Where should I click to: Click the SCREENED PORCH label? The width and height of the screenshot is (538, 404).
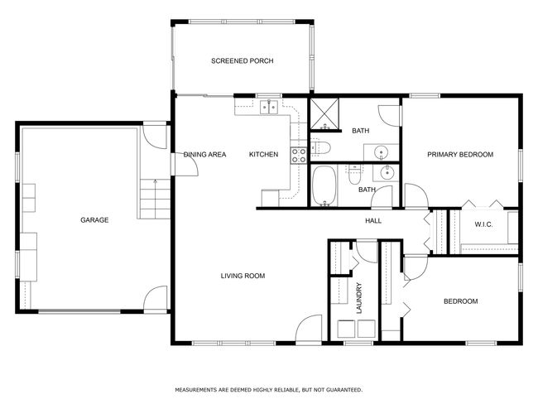pyautogui.click(x=243, y=61)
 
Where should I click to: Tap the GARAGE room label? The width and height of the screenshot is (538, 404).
pyautogui.click(x=94, y=220)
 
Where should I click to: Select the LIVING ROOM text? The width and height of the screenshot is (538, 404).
pyautogui.click(x=243, y=276)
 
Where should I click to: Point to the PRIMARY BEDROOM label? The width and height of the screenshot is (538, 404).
pyautogui.click(x=460, y=155)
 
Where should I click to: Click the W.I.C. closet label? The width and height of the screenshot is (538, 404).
pyautogui.click(x=483, y=224)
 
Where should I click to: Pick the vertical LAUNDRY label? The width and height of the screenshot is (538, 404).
pyautogui.click(x=359, y=298)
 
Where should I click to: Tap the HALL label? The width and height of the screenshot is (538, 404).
pyautogui.click(x=373, y=221)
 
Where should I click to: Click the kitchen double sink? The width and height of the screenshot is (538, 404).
pyautogui.click(x=269, y=107)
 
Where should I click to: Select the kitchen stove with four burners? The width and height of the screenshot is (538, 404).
pyautogui.click(x=299, y=155)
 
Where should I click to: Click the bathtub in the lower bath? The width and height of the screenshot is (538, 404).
pyautogui.click(x=324, y=185)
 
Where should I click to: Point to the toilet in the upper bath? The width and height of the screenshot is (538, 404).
pyautogui.click(x=321, y=147)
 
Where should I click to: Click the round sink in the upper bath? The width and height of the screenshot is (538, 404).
pyautogui.click(x=381, y=151)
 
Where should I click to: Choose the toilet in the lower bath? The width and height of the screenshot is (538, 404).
pyautogui.click(x=354, y=175)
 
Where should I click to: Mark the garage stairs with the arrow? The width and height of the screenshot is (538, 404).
pyautogui.click(x=155, y=199)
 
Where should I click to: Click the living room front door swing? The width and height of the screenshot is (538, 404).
pyautogui.click(x=309, y=329)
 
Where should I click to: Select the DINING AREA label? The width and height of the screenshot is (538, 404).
pyautogui.click(x=204, y=155)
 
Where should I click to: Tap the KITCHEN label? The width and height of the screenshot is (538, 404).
pyautogui.click(x=263, y=155)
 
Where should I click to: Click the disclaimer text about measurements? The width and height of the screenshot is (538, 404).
pyautogui.click(x=269, y=390)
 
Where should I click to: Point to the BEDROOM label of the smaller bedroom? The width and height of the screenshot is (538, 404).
pyautogui.click(x=460, y=301)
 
